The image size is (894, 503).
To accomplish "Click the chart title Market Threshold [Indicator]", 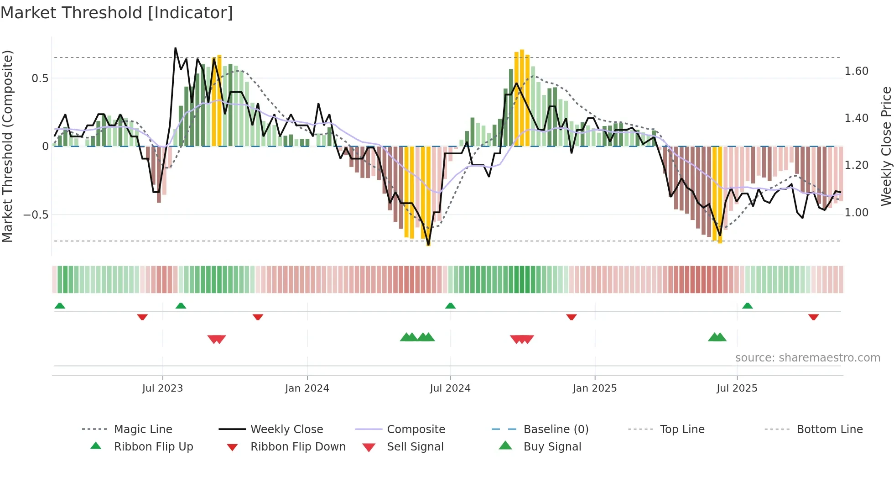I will point(117,13).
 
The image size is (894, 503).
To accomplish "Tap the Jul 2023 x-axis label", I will point(162,388).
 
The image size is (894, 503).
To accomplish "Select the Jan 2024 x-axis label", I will point(307,388).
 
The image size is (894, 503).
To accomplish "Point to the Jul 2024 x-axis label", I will point(450,388).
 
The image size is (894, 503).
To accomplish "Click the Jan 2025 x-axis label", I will point(595,388).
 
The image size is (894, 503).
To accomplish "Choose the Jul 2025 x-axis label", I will point(737,388).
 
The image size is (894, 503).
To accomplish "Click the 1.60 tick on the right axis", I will point(857,71).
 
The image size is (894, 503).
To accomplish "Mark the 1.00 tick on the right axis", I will point(857,213).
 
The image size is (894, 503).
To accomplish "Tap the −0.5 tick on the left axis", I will point(36,215).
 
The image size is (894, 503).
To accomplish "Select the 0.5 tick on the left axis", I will point(40,79).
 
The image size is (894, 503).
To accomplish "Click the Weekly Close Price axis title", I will point(886,146).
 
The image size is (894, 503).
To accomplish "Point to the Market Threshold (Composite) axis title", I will point(7,146).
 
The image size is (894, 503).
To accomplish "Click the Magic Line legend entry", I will point(143,430).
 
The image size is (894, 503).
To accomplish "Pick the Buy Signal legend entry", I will point(552,447).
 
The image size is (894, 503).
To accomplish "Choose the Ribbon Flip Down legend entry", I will point(298,447).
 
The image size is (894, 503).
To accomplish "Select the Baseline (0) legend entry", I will point(556,430).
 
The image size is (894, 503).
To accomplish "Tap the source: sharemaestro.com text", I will point(807,358).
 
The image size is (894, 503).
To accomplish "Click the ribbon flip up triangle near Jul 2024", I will point(451,306).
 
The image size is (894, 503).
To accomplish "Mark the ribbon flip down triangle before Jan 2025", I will point(572,317).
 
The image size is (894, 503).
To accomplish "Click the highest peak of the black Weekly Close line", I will point(176,48).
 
